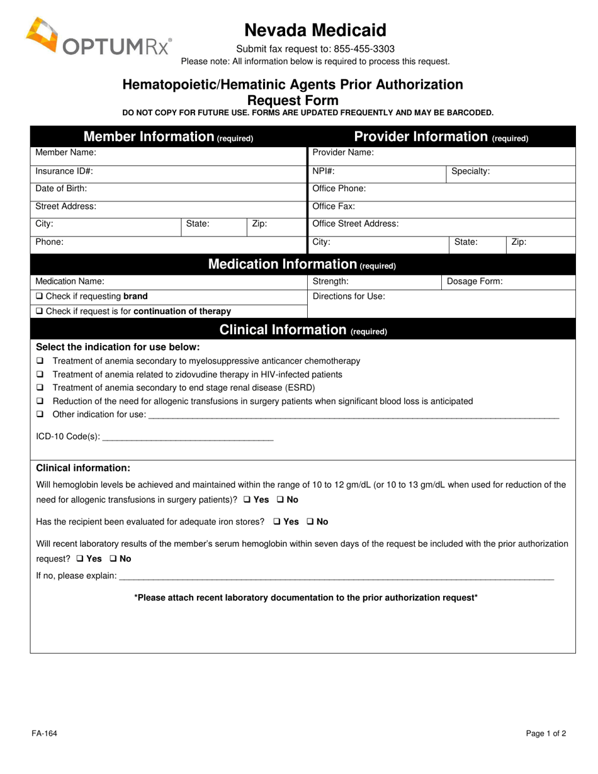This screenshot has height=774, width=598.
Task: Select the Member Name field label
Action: click(65, 152)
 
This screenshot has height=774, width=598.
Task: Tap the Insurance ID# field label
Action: click(64, 171)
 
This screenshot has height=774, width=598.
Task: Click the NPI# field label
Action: click(324, 171)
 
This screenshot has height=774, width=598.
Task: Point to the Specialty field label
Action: click(470, 171)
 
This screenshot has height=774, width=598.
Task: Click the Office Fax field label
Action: click(334, 206)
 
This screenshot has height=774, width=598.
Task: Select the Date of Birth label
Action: click(61, 188)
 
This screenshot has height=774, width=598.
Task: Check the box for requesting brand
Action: click(40, 296)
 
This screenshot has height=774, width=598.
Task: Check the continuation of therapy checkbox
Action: click(40, 311)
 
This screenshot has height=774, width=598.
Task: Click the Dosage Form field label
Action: click(475, 281)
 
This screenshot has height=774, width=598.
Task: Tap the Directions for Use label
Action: click(349, 296)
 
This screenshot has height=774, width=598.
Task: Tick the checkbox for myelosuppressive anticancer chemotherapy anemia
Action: click(40, 361)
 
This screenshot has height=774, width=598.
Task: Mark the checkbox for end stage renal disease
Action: click(40, 388)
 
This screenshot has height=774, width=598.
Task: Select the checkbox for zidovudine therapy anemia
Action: click(40, 374)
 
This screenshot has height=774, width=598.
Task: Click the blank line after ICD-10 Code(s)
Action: click(188, 437)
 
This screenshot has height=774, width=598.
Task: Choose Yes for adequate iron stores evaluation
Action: click(278, 522)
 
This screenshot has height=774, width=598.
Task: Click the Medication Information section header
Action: click(302, 264)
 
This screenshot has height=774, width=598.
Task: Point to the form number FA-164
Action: click(45, 733)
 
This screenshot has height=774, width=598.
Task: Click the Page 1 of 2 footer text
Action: click(546, 733)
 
